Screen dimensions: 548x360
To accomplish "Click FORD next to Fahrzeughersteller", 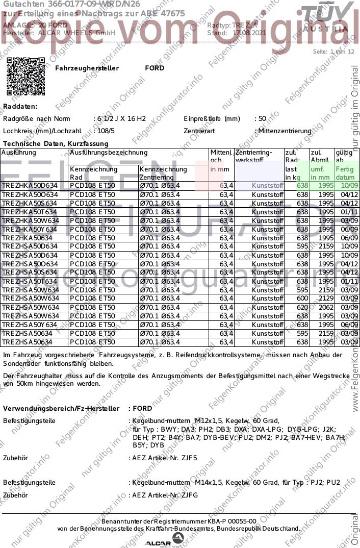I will pyautogui.click(x=155, y=68).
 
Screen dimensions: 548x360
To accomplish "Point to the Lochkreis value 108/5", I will pyautogui.click(x=106, y=131).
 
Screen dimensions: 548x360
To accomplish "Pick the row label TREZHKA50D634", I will pyautogui.click(x=30, y=186).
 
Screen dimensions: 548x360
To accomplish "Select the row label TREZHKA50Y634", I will pyautogui.click(x=30, y=229).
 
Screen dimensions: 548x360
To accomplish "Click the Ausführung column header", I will pyautogui.click(x=19, y=153).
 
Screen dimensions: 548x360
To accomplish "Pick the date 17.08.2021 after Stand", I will pyautogui.click(x=249, y=33).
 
